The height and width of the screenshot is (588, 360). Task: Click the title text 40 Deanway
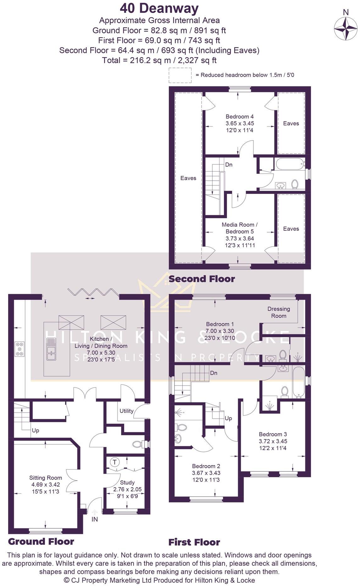tap(159, 8)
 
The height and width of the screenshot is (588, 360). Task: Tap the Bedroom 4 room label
tap(240, 117)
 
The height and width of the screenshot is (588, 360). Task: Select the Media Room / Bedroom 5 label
tap(240, 228)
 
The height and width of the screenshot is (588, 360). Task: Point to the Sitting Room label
tap(46, 478)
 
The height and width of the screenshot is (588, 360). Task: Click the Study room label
tap(127, 482)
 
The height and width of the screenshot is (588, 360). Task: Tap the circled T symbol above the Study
tap(115, 462)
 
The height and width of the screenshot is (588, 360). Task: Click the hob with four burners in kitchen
tap(19, 349)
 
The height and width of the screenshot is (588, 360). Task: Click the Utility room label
tap(126, 411)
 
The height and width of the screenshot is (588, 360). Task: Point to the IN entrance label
tap(95, 519)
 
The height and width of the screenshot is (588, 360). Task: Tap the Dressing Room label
tap(279, 312)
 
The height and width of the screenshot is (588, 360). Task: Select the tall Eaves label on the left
tap(188, 178)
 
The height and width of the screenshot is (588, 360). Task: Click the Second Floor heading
tap(202, 279)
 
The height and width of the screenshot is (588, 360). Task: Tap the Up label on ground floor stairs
tap(35, 430)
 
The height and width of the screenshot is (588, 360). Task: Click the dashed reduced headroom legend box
tap(180, 75)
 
